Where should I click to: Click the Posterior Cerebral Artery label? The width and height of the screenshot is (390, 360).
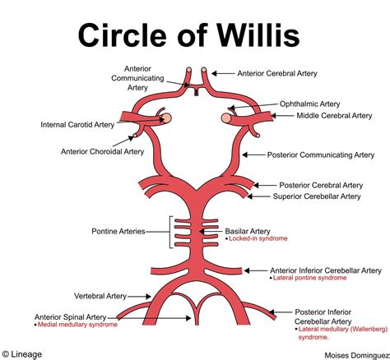tap(320, 185)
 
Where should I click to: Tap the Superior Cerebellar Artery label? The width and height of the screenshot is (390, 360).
tap(317, 196)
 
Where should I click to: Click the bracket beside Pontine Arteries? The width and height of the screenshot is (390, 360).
tap(173, 232)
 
